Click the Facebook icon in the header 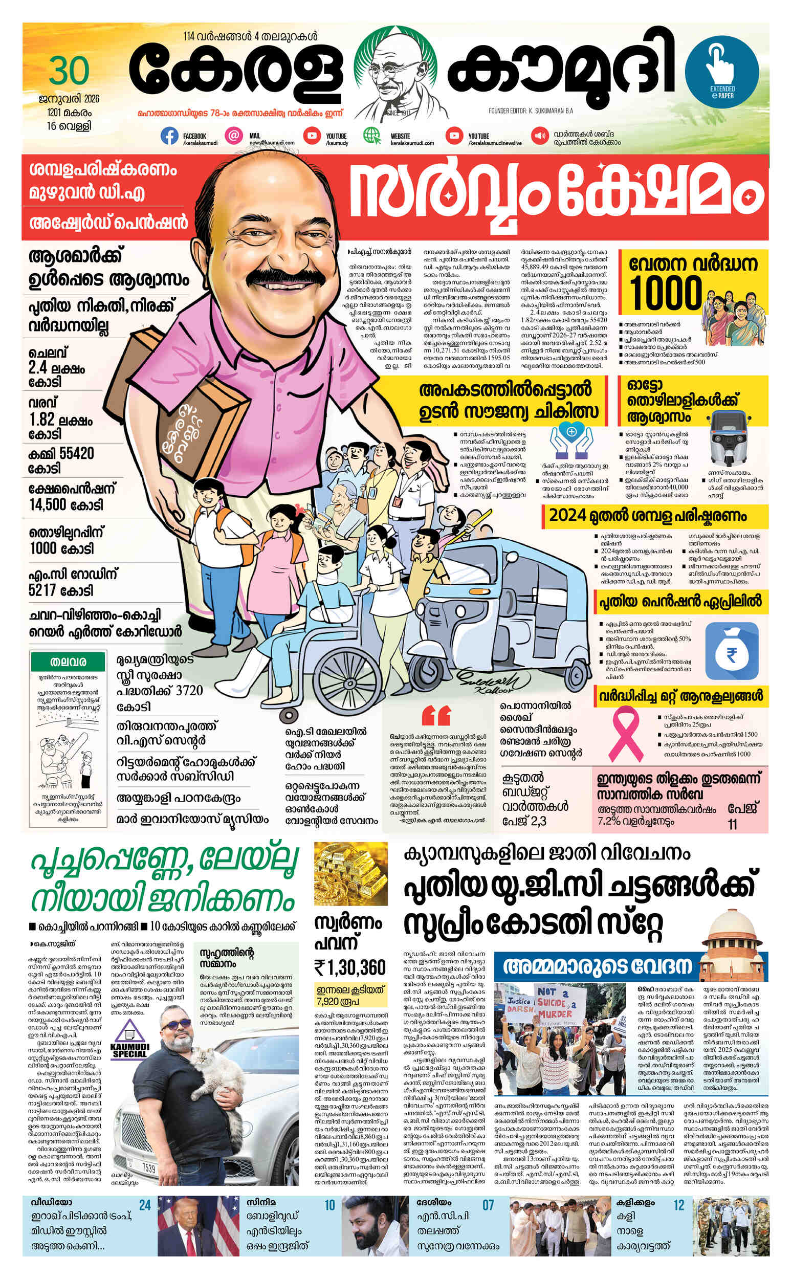(169, 137)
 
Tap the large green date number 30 (69, 72)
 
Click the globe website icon (372, 137)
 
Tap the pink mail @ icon (234, 136)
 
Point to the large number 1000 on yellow (665, 294)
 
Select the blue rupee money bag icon (732, 652)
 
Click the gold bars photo (350, 874)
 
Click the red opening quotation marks (436, 715)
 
